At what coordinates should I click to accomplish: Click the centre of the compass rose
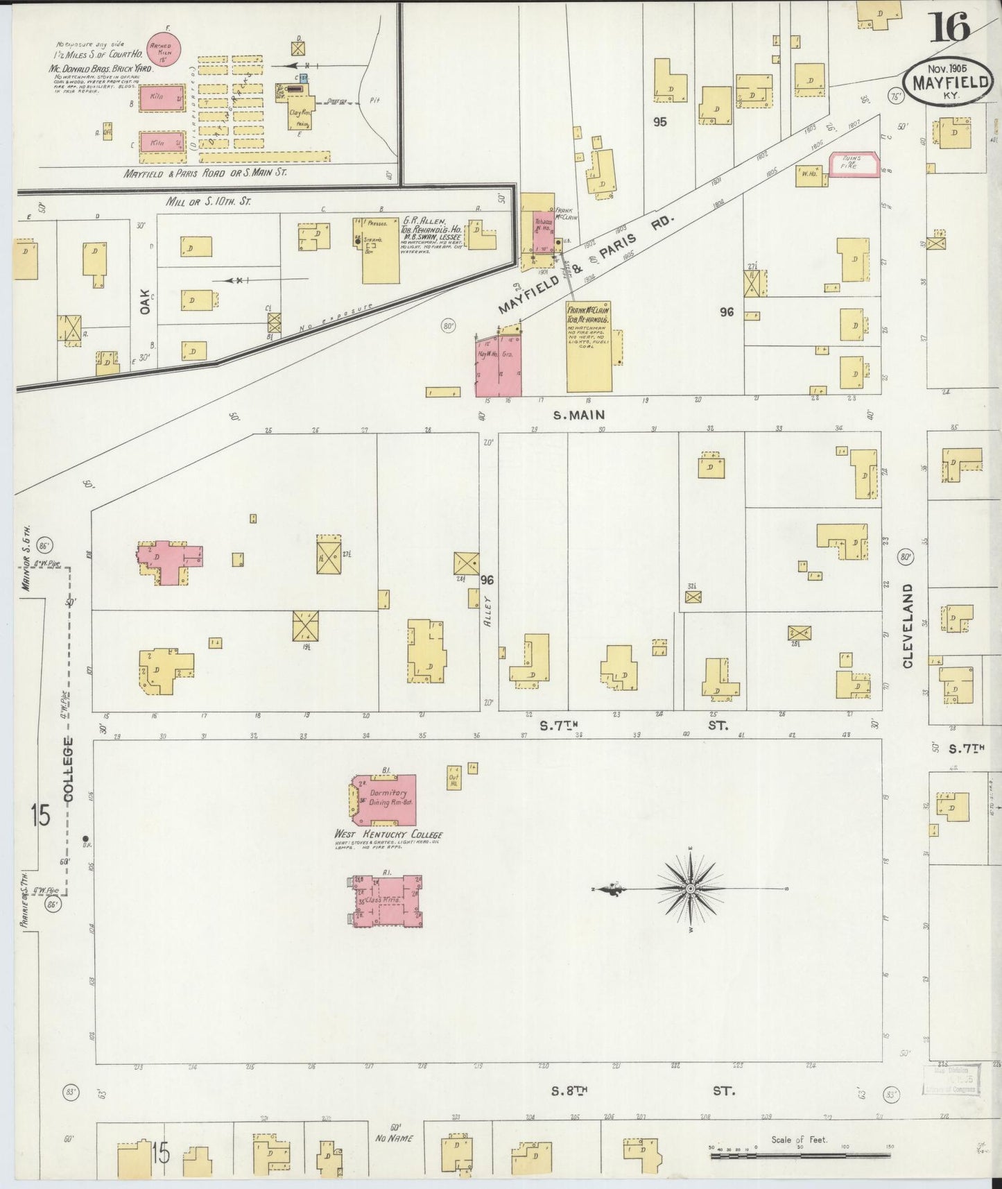click(x=691, y=889)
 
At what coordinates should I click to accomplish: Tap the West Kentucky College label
click(x=388, y=835)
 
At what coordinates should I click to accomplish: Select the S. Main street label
click(x=579, y=415)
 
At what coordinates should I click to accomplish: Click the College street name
click(x=68, y=770)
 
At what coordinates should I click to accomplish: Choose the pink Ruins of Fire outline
click(x=855, y=165)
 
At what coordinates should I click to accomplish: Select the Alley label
click(x=487, y=610)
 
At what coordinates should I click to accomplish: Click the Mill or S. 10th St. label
click(x=209, y=201)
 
